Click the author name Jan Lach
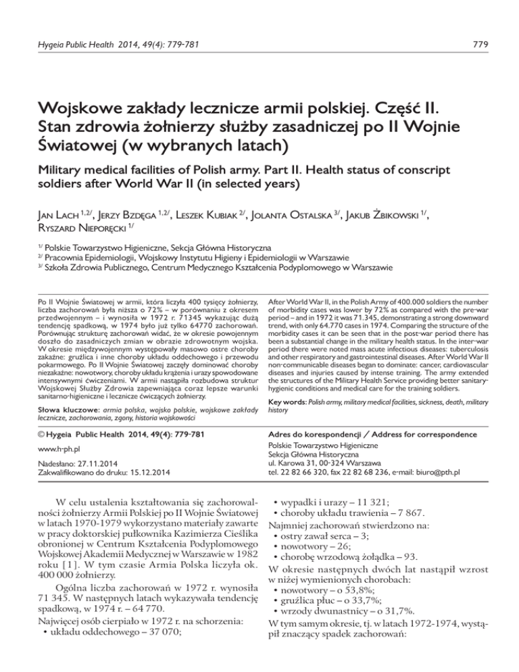pyautogui.click(x=45, y=236)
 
